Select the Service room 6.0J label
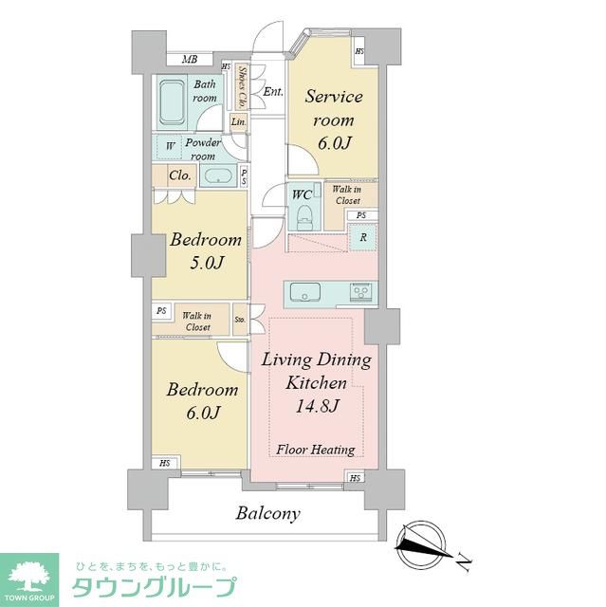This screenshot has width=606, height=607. coord(334,120)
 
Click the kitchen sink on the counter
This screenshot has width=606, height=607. coord(305,290)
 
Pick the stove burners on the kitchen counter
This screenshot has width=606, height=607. coord(360,290)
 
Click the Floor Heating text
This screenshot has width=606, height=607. coord(316,450)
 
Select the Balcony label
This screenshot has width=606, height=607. coord(268,513)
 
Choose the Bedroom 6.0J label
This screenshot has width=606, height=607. coord(202,400)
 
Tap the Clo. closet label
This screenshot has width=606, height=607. coord(179,175)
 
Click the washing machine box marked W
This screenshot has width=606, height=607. coord(170,147)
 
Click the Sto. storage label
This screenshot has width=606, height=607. coord(240,321)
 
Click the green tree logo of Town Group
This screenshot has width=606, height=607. coord(28,575)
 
